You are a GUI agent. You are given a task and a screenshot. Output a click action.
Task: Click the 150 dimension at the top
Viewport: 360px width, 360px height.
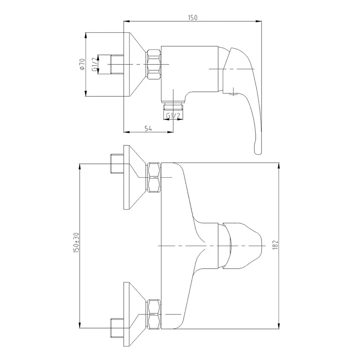pyautogui.click(x=193, y=18)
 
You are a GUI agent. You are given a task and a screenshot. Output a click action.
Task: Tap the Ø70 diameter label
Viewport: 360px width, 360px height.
pyautogui.click(x=82, y=64)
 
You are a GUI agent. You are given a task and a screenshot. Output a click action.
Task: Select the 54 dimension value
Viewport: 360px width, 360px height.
pyautogui.click(x=148, y=128)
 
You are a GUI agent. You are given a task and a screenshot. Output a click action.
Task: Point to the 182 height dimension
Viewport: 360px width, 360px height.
pyautogui.click(x=276, y=245)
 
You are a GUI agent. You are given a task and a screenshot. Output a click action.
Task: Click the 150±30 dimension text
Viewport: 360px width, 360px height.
pyautogui.click(x=76, y=243)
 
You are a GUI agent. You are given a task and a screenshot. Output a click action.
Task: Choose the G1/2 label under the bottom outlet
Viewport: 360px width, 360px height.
pyautogui.click(x=173, y=116)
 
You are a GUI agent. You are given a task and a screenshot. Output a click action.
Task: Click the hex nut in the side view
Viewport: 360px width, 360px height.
pyautogui.click(x=153, y=64)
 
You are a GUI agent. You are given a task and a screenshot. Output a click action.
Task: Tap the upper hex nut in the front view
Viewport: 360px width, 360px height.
pyautogui.click(x=153, y=177)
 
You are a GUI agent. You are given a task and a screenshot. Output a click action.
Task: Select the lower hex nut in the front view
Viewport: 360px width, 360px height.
pyautogui.click(x=153, y=314)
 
